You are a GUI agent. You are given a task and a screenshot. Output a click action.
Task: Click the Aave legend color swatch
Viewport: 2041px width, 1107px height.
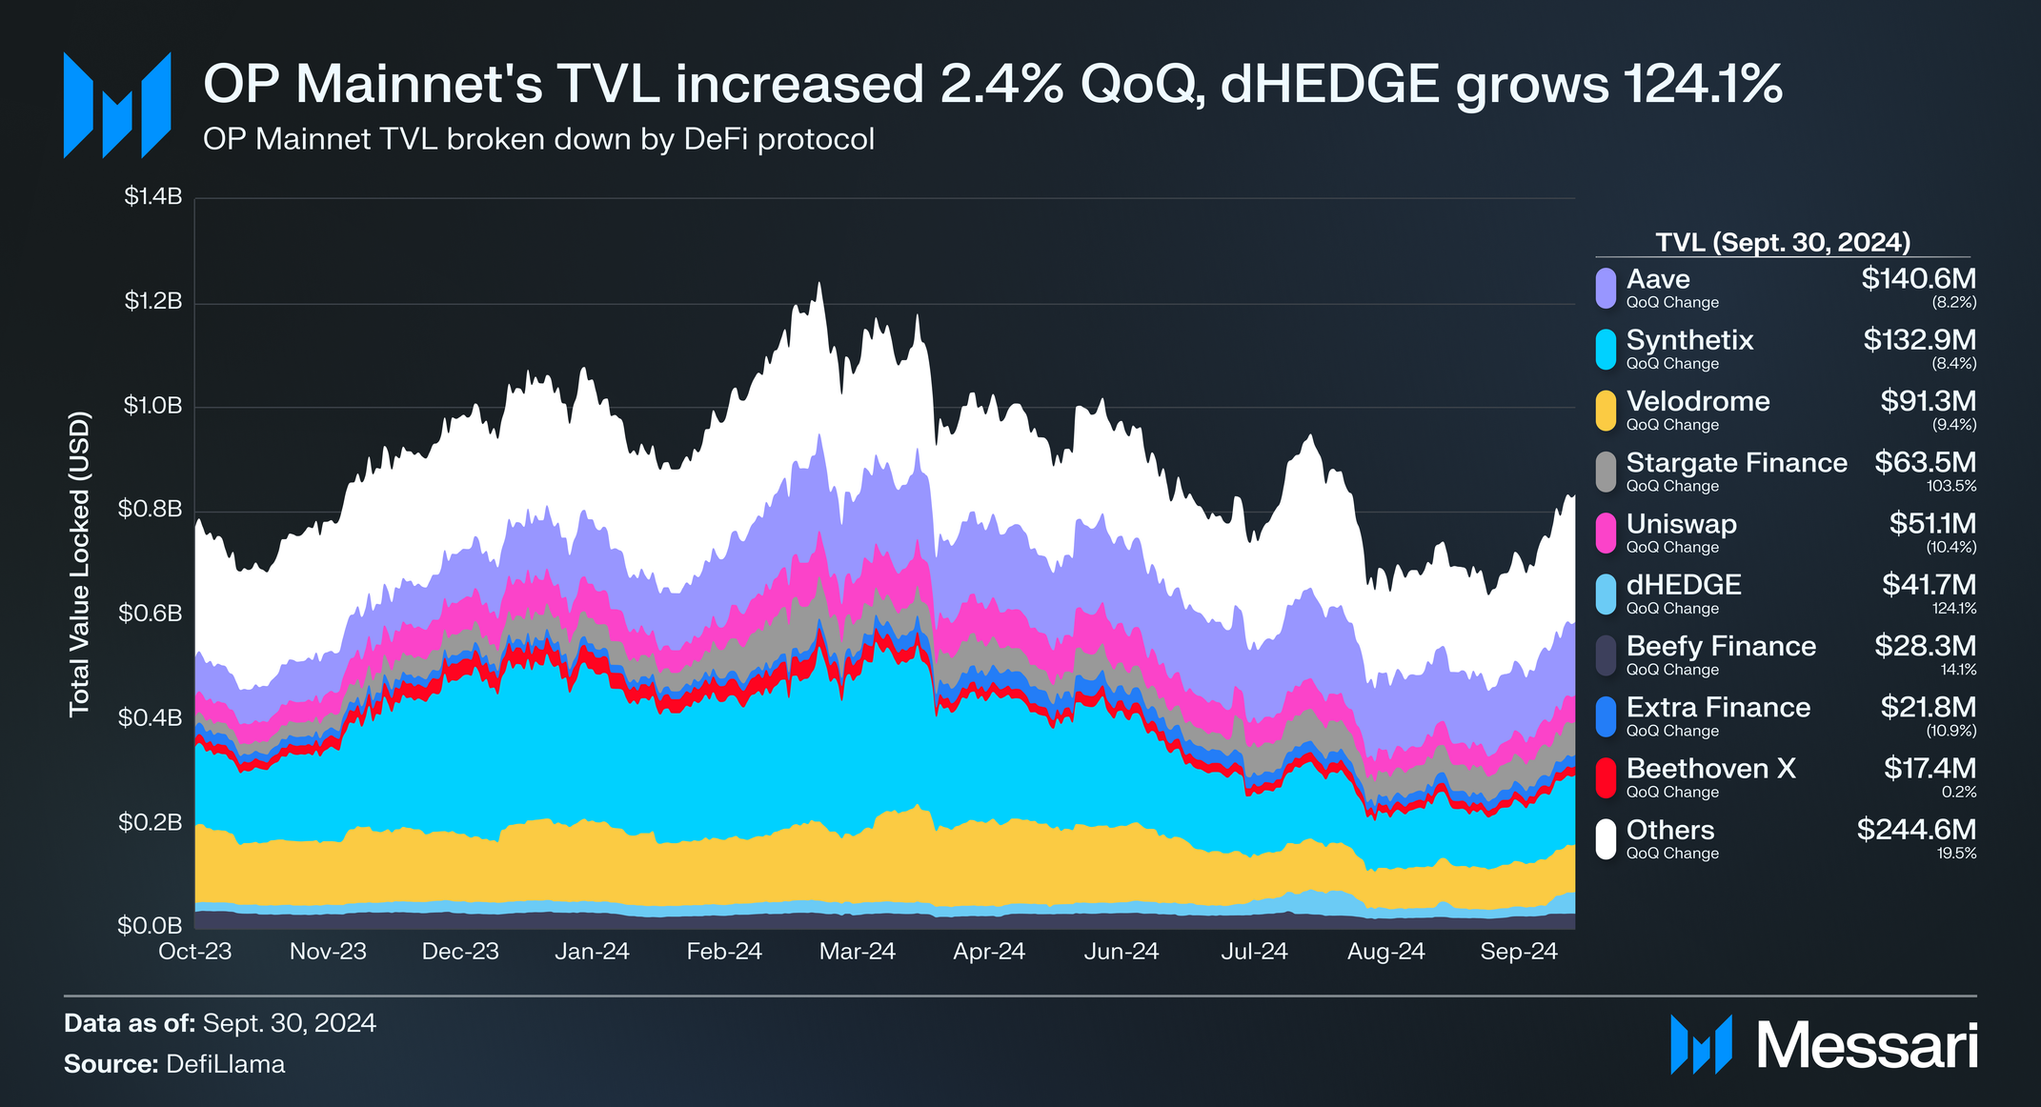pos(1606,288)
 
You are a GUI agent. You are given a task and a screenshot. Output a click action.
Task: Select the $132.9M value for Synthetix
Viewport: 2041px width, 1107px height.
pos(1919,340)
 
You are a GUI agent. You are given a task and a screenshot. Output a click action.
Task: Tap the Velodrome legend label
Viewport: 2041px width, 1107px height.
pos(1697,401)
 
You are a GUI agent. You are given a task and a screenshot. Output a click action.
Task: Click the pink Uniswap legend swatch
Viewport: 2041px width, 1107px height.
pos(1606,533)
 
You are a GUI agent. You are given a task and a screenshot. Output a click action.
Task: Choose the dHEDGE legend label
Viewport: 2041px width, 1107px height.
pos(1683,585)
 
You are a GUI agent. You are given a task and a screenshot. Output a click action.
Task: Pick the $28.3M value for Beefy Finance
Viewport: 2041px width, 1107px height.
pos(1925,646)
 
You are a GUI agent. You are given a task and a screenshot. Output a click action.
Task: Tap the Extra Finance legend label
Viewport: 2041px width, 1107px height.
pos(1717,707)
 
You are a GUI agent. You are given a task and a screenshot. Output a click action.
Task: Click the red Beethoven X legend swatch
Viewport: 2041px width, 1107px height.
pos(1606,777)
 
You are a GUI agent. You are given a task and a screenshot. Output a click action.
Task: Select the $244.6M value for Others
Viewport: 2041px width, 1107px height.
pos(1915,830)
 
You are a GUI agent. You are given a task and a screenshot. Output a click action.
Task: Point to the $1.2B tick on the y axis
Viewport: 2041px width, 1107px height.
pos(152,302)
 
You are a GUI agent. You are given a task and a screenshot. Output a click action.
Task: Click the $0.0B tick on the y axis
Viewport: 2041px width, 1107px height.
pos(150,925)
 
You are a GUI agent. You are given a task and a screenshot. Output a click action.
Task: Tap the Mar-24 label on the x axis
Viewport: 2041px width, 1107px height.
pos(857,952)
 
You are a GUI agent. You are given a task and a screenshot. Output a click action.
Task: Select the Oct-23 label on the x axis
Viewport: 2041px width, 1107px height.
pos(195,952)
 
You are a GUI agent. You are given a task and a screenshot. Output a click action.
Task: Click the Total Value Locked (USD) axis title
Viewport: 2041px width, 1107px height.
pos(79,563)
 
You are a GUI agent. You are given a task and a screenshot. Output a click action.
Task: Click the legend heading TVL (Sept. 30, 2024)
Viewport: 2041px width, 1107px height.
pos(1783,242)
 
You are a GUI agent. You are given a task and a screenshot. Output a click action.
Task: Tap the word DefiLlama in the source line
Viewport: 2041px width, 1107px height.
pos(225,1064)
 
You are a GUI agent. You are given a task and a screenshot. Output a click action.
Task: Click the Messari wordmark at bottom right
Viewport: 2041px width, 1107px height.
pos(1867,1046)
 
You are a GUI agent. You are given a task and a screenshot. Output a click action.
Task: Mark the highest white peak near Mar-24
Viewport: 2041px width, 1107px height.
pos(818,284)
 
